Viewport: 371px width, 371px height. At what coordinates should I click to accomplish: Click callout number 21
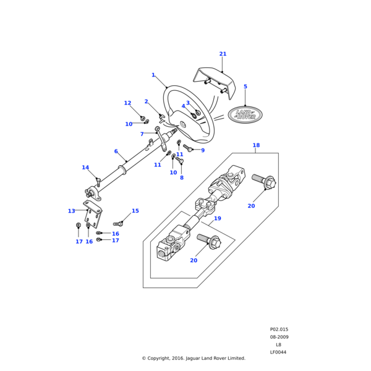point(223,54)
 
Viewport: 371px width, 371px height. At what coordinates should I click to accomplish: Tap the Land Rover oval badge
point(245,114)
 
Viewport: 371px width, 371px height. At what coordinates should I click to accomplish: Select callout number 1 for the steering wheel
point(153,75)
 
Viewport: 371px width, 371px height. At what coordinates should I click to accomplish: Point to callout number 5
point(245,87)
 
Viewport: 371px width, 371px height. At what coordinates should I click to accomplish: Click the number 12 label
point(127,103)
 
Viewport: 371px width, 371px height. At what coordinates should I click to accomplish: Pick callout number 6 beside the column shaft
point(116,151)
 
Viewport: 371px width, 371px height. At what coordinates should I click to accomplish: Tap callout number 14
point(85,168)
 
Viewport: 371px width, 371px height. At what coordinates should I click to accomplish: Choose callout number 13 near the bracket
point(71,211)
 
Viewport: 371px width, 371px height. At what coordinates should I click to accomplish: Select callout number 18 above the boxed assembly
point(256,145)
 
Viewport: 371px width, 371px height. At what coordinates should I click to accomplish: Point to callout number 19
point(217,218)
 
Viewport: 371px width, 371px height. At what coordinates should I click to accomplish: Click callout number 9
point(202,150)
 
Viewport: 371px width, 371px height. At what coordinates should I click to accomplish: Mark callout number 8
point(181,177)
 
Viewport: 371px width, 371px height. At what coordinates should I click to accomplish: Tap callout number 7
point(142,134)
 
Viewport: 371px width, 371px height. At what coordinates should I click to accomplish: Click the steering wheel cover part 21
point(213,82)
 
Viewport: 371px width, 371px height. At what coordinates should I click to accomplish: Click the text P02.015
point(279,330)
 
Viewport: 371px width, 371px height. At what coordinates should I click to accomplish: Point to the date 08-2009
point(279,337)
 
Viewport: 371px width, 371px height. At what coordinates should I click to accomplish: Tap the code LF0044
point(278,352)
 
